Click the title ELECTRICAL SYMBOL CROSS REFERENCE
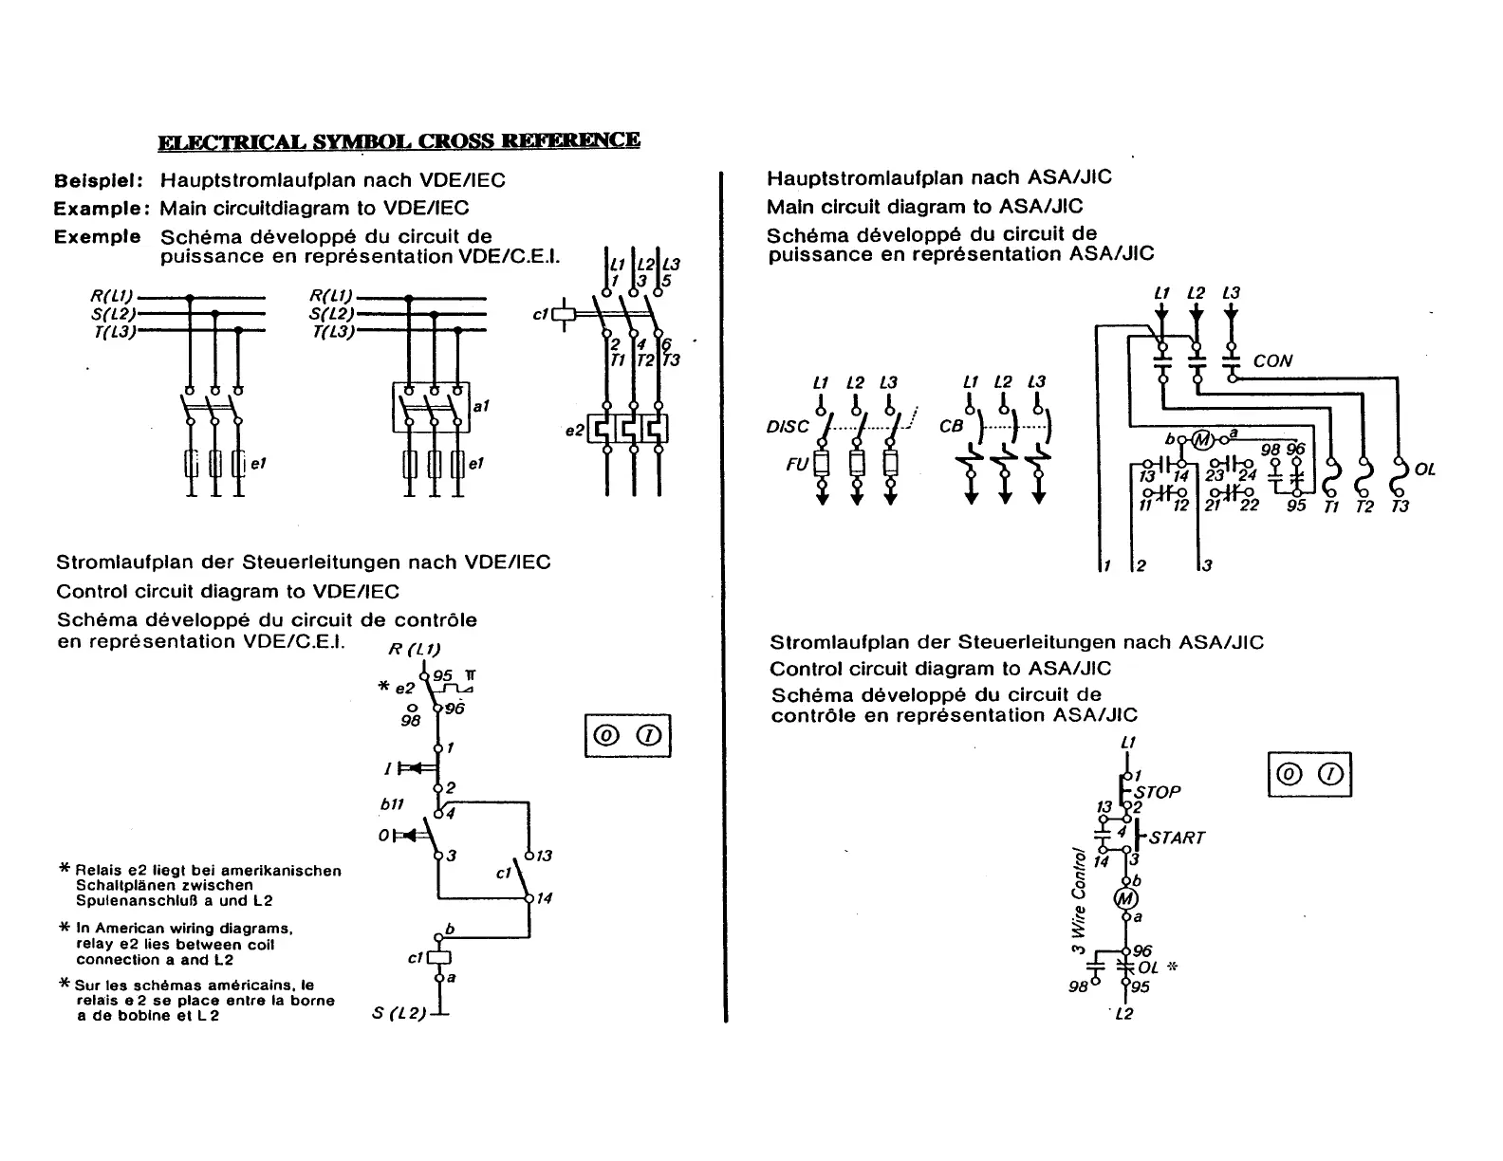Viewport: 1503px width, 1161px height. tap(399, 141)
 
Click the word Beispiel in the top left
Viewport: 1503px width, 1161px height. tap(98, 180)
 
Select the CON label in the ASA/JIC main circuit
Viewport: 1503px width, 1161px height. tap(1272, 361)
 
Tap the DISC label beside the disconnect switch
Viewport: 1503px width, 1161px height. tap(788, 427)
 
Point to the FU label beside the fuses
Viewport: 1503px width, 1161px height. tap(796, 465)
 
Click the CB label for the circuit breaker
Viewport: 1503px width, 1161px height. tap(951, 427)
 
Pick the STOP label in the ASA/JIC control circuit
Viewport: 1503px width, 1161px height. tap(1158, 792)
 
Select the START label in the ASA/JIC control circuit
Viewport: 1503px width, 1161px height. tap(1177, 838)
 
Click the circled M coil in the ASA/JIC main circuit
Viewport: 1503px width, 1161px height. tap(1202, 439)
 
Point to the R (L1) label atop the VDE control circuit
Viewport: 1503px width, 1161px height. tap(415, 650)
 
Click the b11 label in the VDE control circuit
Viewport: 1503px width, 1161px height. tap(392, 803)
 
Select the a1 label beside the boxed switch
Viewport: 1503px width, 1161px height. tap(480, 406)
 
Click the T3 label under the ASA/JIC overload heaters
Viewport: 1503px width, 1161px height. tap(1400, 507)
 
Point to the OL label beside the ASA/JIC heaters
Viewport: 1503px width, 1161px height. tap(1424, 470)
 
